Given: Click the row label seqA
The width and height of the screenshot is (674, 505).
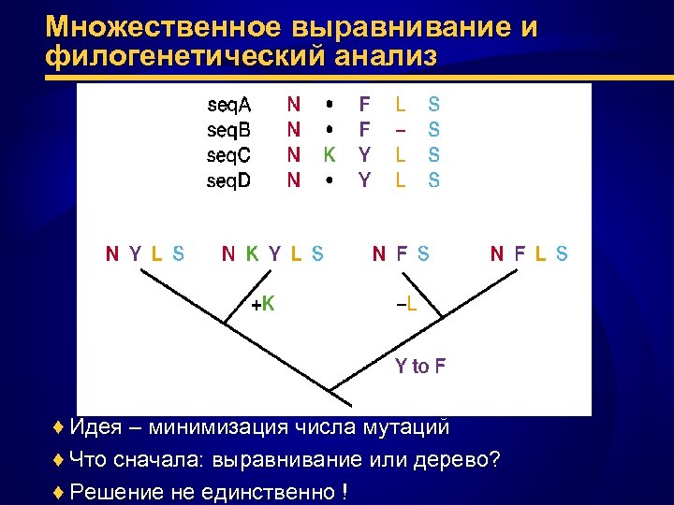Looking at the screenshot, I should (228, 106).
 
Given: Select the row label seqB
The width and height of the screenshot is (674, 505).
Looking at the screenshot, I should (228, 130).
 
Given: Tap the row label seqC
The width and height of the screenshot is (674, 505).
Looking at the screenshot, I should (228, 154).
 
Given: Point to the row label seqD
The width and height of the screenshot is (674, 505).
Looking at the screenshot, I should (228, 179).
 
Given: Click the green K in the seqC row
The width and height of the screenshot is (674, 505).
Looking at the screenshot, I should (329, 154).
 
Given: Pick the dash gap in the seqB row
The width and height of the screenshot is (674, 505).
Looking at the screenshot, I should (401, 130).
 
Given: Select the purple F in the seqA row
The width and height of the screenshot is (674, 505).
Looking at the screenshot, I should (365, 106).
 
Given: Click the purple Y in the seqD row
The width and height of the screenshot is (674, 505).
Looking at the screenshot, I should (365, 179).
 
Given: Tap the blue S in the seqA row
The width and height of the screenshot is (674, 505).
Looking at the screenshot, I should (434, 106).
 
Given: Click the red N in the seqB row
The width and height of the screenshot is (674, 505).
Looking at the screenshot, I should (294, 130).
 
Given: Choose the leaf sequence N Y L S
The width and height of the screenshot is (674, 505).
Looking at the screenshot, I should (145, 252).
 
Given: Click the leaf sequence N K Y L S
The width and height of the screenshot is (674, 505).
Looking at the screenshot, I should (272, 252).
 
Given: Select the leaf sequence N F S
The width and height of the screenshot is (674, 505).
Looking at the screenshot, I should (402, 252).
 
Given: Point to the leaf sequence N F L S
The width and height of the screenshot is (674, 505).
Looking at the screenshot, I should (529, 252).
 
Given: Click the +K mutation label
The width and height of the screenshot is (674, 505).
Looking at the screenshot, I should (263, 303).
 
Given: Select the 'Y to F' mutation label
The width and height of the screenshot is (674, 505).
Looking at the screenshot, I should (419, 366).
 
